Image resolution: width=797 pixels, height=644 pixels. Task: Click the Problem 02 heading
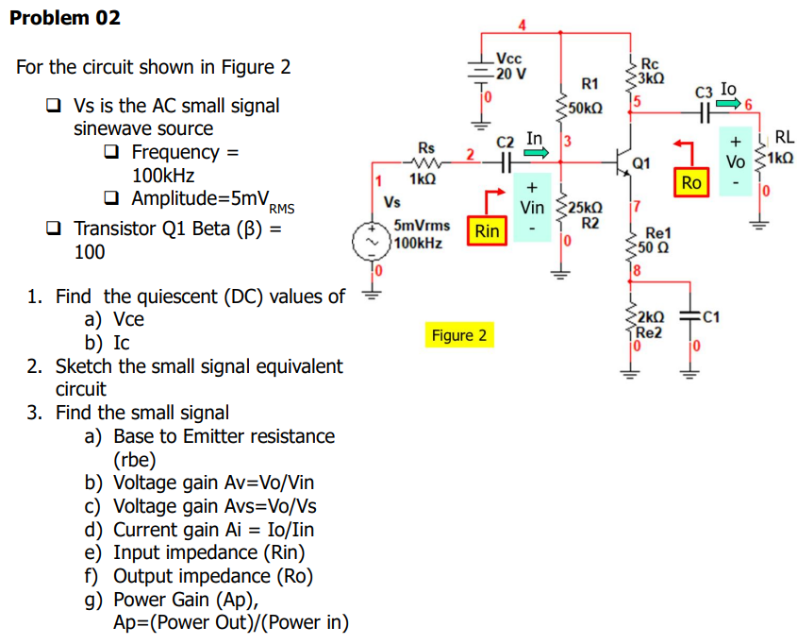(64, 18)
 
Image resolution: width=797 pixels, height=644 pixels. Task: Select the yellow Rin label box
(488, 229)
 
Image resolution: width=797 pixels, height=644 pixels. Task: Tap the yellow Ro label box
(691, 182)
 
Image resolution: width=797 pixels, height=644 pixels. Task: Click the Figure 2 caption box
(459, 335)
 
